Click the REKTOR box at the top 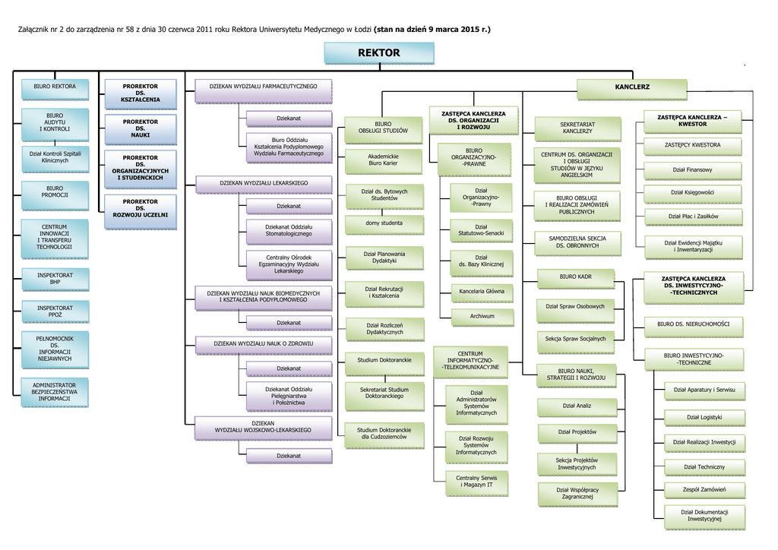(x=378, y=53)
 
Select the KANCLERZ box (x=632, y=88)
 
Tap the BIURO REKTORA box (x=55, y=87)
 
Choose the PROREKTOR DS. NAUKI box (x=141, y=128)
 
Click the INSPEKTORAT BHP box (x=55, y=278)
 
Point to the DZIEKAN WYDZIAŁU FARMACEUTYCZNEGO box (x=263, y=87)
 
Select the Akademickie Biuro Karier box (x=383, y=160)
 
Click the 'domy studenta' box (x=384, y=223)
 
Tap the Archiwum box (x=482, y=316)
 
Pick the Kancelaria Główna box (x=482, y=291)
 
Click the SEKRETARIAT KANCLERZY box (x=577, y=128)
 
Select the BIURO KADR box (x=575, y=277)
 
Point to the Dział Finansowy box (x=692, y=169)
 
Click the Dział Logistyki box (x=704, y=417)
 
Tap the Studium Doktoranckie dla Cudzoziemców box (x=384, y=434)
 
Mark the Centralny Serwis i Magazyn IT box (x=476, y=481)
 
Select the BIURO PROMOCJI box (x=55, y=191)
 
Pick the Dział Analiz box (x=577, y=406)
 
